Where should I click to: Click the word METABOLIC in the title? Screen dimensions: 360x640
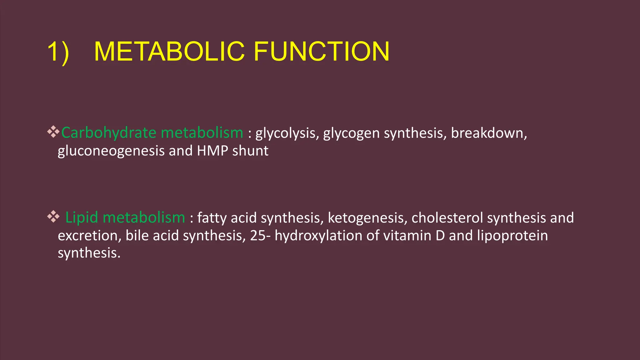169,52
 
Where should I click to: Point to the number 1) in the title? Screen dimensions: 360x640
58,52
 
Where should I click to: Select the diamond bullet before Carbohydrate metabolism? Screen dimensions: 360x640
53,132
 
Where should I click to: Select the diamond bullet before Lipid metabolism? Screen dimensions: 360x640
53,216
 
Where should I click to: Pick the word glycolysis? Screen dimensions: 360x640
287,134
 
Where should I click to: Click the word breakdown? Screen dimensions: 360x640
488,133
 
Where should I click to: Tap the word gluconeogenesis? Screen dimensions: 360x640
111,151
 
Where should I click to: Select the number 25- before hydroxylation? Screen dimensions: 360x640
260,236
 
